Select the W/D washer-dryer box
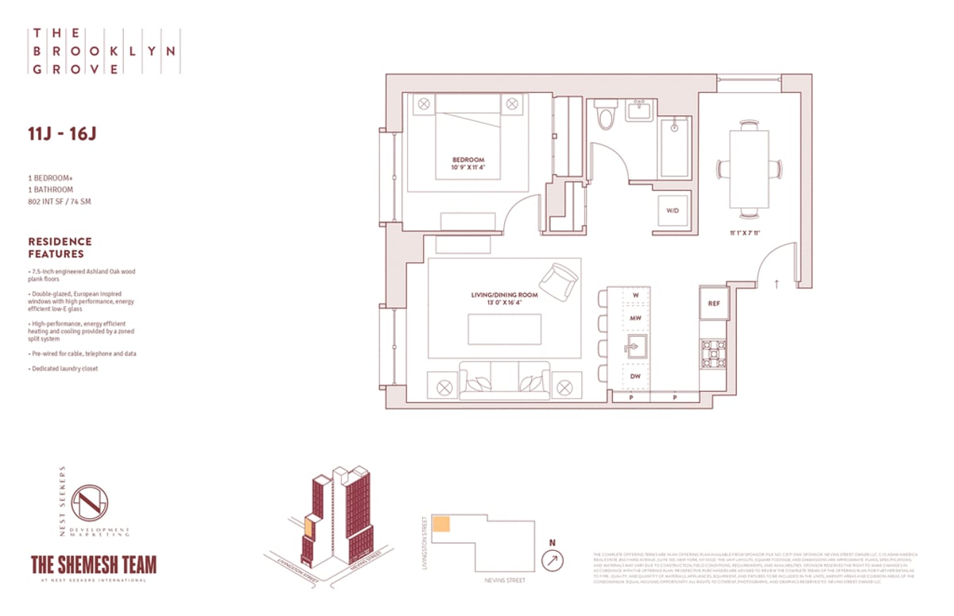[x=673, y=211]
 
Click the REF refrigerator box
[x=713, y=303]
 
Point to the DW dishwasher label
[x=635, y=376]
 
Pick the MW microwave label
[x=635, y=318]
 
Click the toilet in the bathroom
[x=606, y=117]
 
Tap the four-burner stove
[x=713, y=354]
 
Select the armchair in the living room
[x=559, y=280]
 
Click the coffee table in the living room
[x=504, y=329]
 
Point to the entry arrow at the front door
[x=777, y=281]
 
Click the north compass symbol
[x=552, y=560]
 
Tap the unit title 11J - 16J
[x=62, y=133]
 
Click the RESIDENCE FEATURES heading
[x=60, y=247]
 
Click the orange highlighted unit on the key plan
[x=441, y=524]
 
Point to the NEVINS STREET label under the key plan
[x=504, y=580]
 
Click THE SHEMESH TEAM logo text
[x=93, y=564]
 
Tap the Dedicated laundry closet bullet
[x=64, y=369]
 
